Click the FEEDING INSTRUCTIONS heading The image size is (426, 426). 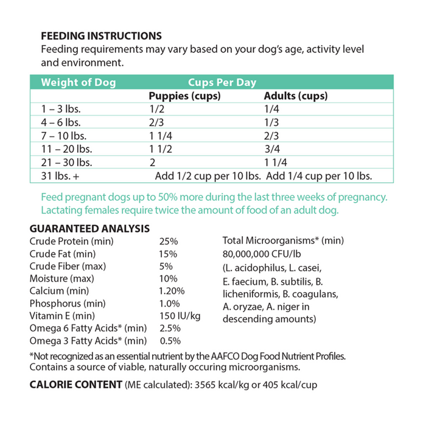pyautogui.click(x=101, y=36)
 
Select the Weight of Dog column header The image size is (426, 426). pyautogui.click(x=78, y=83)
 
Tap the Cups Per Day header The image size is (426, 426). pyautogui.click(x=222, y=83)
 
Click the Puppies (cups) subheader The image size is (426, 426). pyautogui.click(x=184, y=96)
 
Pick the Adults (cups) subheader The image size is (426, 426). pyautogui.click(x=296, y=96)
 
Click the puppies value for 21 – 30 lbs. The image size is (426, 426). pyautogui.click(x=153, y=163)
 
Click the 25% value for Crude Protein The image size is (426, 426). pyautogui.click(x=168, y=241)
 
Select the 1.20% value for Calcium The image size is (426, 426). pyautogui.click(x=172, y=291)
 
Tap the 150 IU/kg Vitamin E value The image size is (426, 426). pyautogui.click(x=180, y=316)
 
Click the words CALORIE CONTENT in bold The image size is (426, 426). pyautogui.click(x=75, y=385)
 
